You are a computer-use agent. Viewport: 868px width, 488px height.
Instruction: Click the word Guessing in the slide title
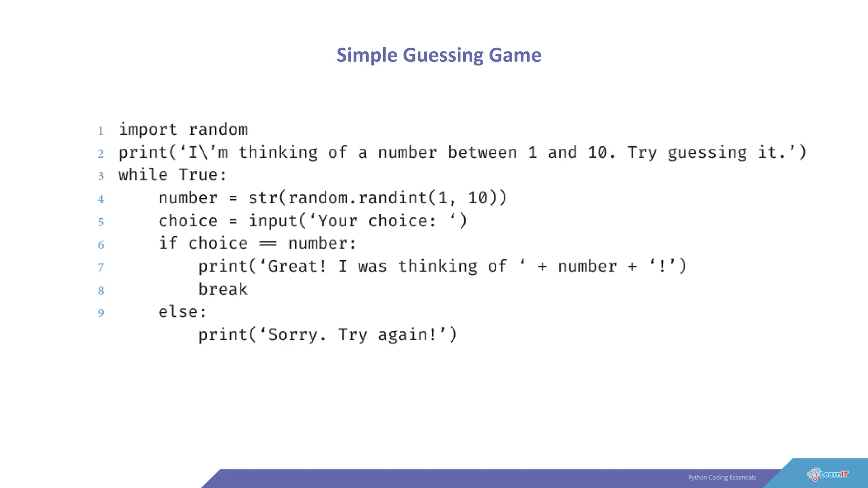click(x=442, y=55)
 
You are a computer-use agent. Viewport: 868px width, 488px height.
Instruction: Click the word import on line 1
click(x=147, y=130)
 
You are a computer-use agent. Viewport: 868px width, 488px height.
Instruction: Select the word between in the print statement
click(x=482, y=152)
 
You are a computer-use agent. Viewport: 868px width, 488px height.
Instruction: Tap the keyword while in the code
click(x=143, y=175)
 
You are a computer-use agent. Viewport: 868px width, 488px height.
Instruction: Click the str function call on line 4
click(x=263, y=198)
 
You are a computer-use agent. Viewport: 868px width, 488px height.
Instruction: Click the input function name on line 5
click(x=273, y=221)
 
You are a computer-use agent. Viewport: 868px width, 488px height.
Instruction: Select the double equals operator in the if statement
click(x=268, y=244)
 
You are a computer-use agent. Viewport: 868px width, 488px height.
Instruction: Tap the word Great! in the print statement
click(x=297, y=266)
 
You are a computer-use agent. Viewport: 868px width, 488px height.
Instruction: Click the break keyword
click(x=223, y=289)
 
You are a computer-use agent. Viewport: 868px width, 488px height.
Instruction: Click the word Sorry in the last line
click(x=292, y=335)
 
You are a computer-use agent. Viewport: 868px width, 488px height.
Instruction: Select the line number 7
click(x=101, y=268)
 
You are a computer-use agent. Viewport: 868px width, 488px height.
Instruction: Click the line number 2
click(x=101, y=153)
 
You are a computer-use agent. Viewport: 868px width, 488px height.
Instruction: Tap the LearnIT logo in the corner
click(x=827, y=474)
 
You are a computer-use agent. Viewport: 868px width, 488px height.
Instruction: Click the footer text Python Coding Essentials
click(x=722, y=477)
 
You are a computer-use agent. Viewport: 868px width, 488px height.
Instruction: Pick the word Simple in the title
click(x=367, y=55)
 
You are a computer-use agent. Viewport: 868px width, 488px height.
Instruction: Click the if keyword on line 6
click(x=168, y=244)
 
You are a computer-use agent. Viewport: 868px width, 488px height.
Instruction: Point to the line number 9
click(x=101, y=313)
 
